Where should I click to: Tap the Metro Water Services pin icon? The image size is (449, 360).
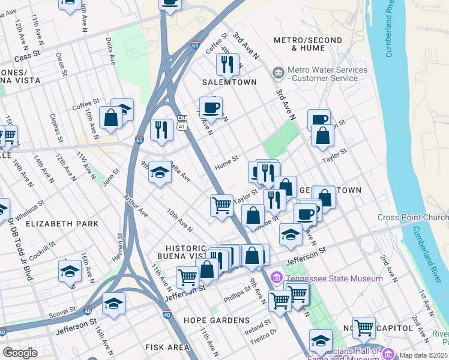279,73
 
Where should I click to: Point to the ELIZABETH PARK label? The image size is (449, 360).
62,223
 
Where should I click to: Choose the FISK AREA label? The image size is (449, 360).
169,347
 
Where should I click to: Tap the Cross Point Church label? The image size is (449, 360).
413,217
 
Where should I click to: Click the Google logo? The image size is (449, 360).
19,353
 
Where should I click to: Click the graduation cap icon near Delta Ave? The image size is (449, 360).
160,173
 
